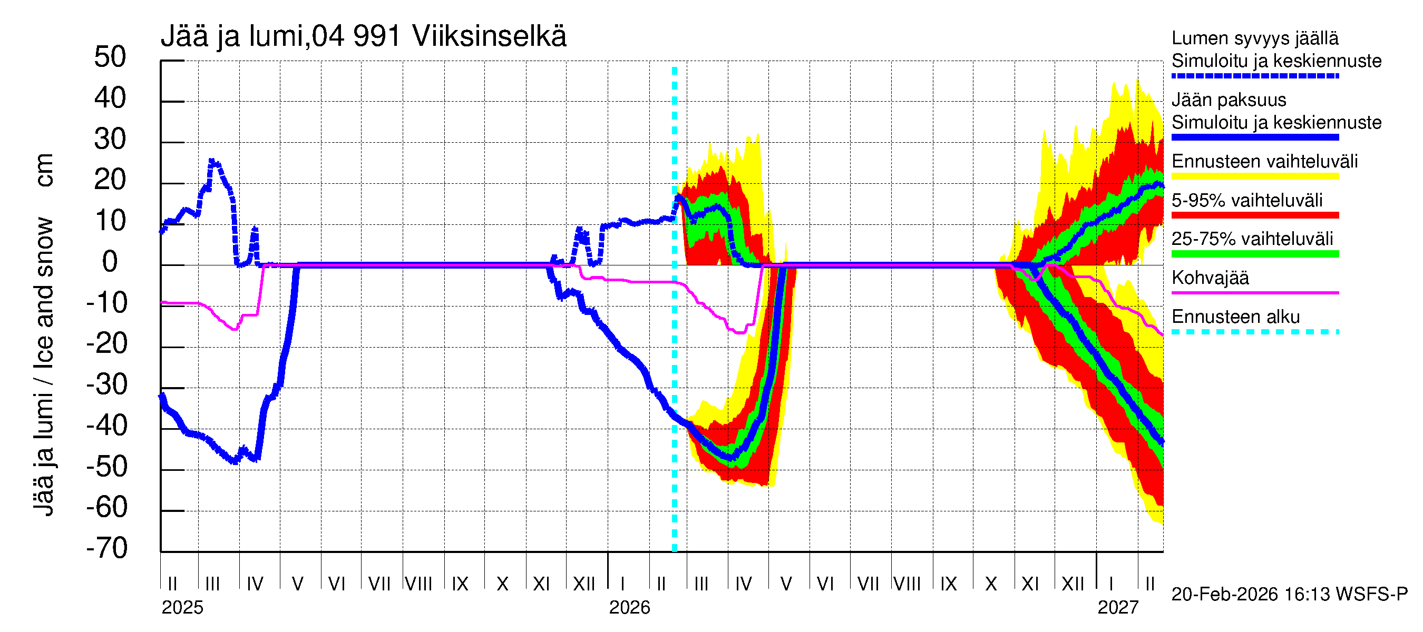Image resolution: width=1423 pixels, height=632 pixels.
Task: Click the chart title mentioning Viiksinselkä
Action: pos(363,36)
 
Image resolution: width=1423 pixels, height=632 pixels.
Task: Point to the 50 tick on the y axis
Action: pos(110,57)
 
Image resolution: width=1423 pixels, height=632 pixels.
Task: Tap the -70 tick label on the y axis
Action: pos(107,548)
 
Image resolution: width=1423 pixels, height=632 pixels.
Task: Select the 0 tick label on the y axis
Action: pos(110,262)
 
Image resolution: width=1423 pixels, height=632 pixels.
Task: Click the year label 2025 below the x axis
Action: pos(182,607)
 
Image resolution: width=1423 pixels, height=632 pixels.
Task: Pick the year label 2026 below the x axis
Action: pos(629,607)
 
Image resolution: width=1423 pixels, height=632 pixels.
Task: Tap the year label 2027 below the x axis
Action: pos(1117,607)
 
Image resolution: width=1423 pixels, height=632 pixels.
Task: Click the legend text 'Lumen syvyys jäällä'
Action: pos(1254,38)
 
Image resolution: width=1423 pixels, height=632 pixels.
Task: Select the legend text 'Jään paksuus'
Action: pos(1229,100)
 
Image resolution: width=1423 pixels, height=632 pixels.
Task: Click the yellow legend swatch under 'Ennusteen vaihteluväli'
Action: pos(1254,176)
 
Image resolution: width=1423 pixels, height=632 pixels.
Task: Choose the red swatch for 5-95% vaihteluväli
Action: pos(1254,215)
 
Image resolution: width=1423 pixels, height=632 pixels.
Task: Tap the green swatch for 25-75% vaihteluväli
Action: pos(1254,254)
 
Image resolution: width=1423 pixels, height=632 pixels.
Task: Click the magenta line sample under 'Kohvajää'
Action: pos(1254,292)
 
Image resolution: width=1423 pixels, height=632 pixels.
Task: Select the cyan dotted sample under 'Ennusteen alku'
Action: pos(1254,332)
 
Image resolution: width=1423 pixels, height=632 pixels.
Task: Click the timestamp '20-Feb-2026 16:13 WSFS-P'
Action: pos(1289,594)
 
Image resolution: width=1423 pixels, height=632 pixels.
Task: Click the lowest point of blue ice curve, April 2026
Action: pos(731,458)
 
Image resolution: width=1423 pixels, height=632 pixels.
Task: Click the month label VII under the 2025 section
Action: pos(379,584)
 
